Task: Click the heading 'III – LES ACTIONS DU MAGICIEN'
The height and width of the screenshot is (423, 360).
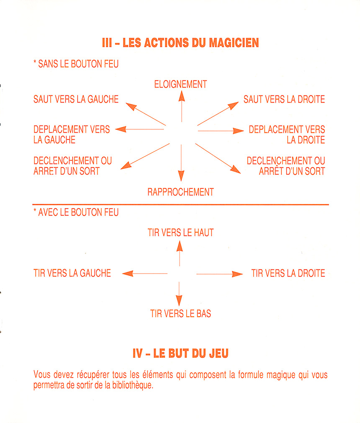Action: point(180,43)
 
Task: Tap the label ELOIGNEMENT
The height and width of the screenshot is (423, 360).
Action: point(180,84)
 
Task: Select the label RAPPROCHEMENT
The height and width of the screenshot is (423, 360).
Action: point(180,192)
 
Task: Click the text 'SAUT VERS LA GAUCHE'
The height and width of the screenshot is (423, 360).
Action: point(76,99)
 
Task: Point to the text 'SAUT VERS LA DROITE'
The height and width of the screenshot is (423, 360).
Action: point(284,99)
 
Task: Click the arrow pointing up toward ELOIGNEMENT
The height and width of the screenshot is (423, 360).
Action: point(182,106)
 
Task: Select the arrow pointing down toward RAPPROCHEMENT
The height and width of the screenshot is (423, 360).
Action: point(181,163)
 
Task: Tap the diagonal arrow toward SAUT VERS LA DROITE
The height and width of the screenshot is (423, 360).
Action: point(218,113)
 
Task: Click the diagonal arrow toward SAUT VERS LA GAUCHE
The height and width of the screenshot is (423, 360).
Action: point(146,114)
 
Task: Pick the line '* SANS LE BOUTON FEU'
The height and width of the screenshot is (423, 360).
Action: point(76,64)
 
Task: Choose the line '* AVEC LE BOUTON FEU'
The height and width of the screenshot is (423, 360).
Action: point(76,212)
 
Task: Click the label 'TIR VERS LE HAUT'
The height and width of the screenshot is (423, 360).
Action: point(180,233)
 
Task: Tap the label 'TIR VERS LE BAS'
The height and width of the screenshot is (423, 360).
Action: point(180,313)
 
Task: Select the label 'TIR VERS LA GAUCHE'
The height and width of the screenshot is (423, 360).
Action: point(72,273)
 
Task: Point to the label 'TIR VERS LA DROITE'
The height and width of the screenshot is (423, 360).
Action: point(288,273)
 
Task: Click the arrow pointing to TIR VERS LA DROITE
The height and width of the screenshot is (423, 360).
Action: point(220,274)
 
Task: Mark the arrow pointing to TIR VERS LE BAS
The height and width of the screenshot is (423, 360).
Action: point(179,294)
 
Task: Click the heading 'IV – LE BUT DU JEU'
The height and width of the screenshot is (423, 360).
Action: point(180,354)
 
